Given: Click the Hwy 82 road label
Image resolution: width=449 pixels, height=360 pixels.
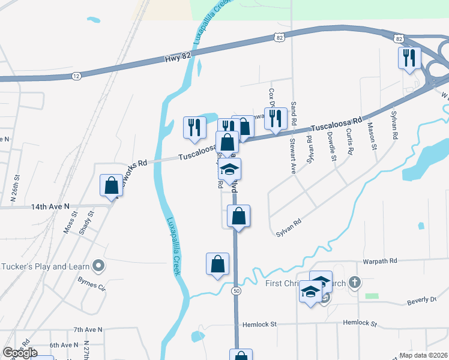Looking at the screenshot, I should (173, 59).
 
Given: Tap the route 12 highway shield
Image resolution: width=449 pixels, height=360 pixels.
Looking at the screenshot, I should (76, 76).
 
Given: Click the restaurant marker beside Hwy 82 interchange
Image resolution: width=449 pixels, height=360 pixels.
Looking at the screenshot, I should (409, 58).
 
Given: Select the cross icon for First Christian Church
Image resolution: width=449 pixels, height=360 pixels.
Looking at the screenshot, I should (355, 281).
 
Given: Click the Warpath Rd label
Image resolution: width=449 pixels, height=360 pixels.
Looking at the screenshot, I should (380, 262).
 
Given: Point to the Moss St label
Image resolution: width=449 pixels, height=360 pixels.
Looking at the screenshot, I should (68, 221).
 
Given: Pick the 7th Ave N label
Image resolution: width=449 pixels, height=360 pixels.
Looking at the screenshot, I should (88, 329).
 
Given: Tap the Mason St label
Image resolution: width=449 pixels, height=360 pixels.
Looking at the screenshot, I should (372, 136).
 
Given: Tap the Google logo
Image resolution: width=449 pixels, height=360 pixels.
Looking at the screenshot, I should (20, 353).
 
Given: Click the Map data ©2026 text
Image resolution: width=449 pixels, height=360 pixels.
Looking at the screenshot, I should (424, 355).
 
